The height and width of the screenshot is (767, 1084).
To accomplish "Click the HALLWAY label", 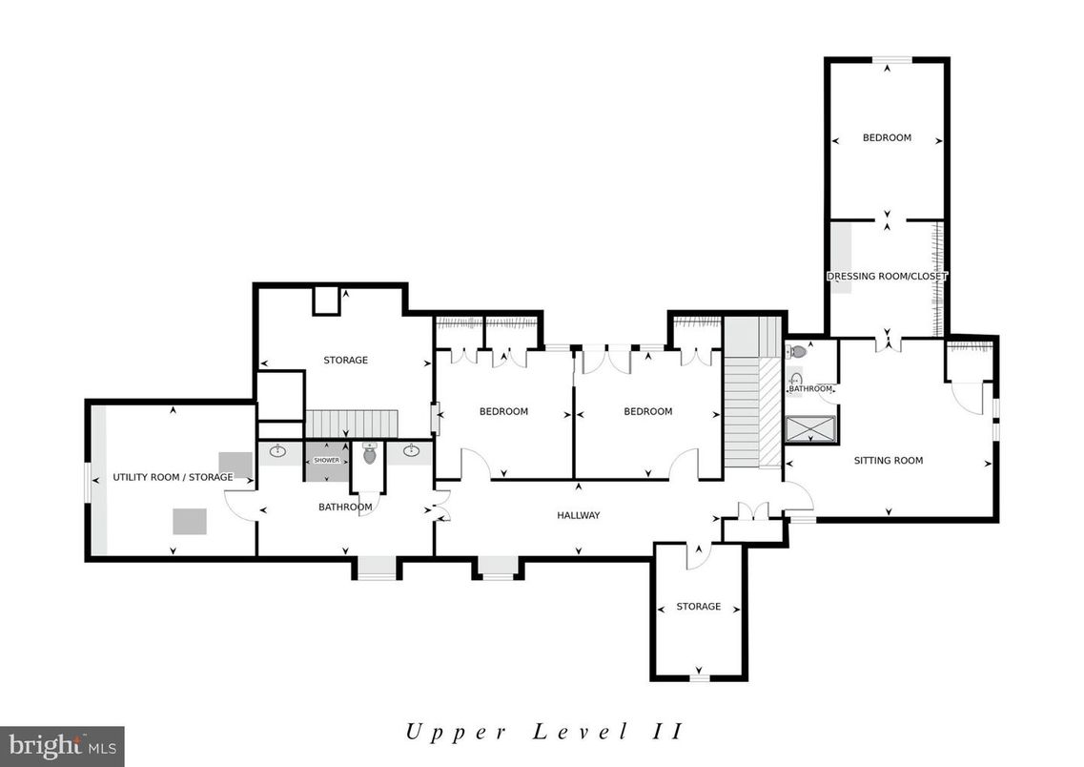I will (578, 515).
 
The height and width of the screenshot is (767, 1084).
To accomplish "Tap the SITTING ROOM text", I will (888, 461).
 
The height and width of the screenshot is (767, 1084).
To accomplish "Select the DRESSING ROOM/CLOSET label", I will (887, 277).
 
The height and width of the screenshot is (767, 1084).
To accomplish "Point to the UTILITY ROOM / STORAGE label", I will (173, 477).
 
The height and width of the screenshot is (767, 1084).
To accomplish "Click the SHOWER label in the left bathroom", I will (326, 461).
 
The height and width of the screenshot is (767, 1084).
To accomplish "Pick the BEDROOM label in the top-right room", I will (887, 137).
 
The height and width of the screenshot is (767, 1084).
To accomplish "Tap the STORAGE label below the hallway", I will (698, 607).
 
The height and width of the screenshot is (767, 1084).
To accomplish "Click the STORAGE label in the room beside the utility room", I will (345, 360).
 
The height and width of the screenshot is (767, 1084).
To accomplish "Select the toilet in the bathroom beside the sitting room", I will (798, 352).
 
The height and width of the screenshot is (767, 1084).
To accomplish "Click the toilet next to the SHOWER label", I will (370, 454).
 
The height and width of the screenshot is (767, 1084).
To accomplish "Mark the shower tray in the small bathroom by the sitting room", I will (810, 429).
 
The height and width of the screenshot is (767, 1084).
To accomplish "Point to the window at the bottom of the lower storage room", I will (700, 678).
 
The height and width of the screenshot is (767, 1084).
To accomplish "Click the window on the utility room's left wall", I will (90, 482).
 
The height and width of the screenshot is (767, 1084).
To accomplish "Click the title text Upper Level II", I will (542, 732).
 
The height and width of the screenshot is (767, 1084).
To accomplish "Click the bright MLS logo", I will (62, 745).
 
